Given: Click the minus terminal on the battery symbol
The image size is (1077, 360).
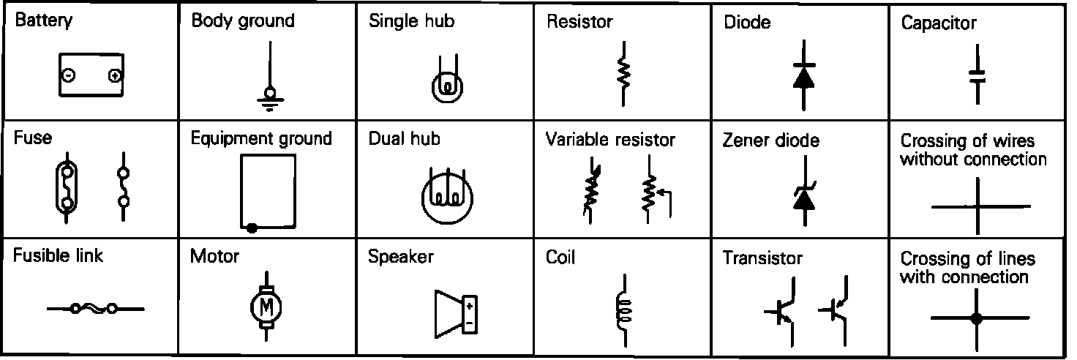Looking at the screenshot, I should [67, 75].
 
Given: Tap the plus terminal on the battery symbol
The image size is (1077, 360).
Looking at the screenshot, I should [115, 75].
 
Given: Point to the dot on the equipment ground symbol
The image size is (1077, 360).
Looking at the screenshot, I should [252, 228].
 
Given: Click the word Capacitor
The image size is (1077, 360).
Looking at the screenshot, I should [938, 23].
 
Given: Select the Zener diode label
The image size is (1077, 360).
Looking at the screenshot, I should [771, 140].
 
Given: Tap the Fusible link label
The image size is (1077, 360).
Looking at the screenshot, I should [58, 256].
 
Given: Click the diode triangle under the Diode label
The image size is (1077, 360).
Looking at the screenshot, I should [803, 78].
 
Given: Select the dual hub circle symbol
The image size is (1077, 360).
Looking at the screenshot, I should [448, 197].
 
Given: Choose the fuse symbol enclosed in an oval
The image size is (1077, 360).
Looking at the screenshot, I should [67, 188].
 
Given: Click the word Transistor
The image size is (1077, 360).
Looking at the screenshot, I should [762, 258].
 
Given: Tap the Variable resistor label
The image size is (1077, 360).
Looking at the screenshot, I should [610, 139].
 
